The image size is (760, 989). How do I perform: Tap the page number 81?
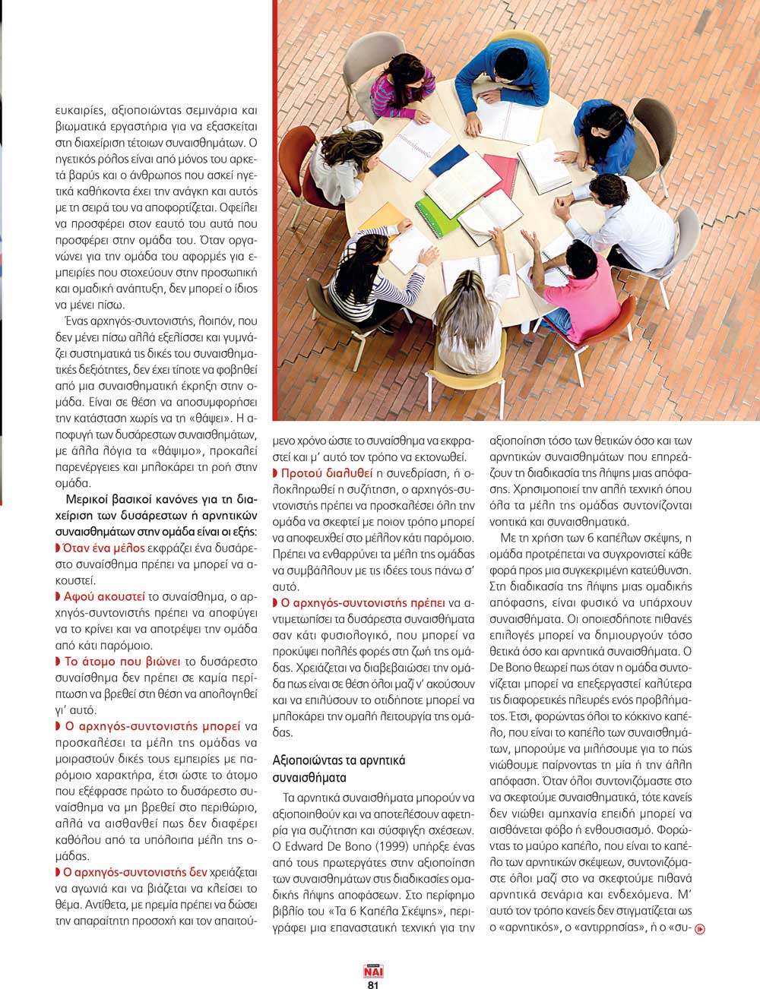tap(373, 984)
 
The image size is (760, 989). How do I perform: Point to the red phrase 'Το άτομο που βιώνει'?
tap(122, 661)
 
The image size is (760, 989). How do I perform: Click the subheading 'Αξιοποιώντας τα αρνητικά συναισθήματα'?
tap(339, 768)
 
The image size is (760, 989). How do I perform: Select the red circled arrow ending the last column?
tap(700, 927)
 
